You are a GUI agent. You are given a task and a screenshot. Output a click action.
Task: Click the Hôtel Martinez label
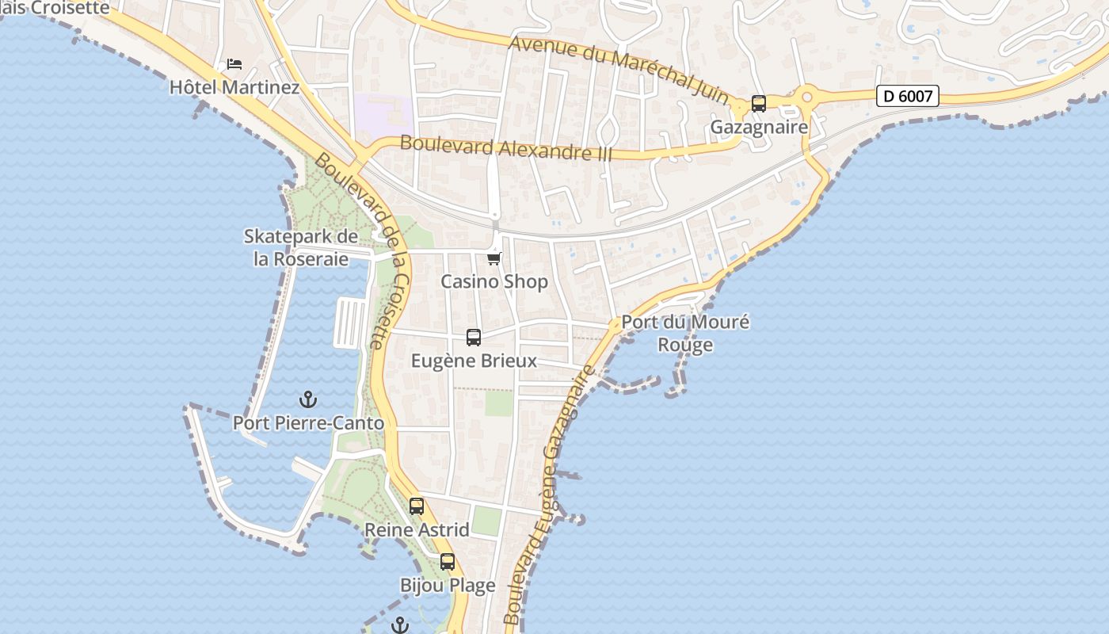(234, 87)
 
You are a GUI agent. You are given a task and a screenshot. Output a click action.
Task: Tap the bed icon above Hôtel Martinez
(234, 64)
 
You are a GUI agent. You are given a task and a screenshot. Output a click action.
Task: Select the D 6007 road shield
(908, 96)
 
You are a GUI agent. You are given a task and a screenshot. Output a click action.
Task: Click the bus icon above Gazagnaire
(759, 104)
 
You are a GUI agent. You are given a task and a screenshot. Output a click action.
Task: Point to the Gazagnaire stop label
(759, 127)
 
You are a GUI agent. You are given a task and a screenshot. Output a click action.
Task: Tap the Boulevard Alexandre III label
(507, 148)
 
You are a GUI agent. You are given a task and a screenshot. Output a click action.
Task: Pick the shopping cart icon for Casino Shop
(494, 258)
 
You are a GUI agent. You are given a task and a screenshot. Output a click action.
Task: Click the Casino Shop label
(494, 281)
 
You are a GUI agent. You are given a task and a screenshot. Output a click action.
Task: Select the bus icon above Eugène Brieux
(474, 338)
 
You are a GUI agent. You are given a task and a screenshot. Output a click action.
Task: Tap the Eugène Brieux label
(474, 361)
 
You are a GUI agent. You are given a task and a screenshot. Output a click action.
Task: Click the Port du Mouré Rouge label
(685, 334)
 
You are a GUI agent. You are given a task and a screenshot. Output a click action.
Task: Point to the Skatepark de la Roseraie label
(301, 247)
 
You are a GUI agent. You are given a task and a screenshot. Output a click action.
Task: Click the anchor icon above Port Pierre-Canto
(307, 399)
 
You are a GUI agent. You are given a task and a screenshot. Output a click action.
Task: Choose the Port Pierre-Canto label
(308, 423)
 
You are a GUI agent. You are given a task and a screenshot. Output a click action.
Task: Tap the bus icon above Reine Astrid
(417, 506)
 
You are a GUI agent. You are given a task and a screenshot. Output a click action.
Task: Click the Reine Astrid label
(417, 529)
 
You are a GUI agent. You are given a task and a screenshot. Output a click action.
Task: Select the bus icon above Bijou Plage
(448, 562)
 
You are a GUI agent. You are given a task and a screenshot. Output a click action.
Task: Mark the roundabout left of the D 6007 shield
(807, 97)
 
